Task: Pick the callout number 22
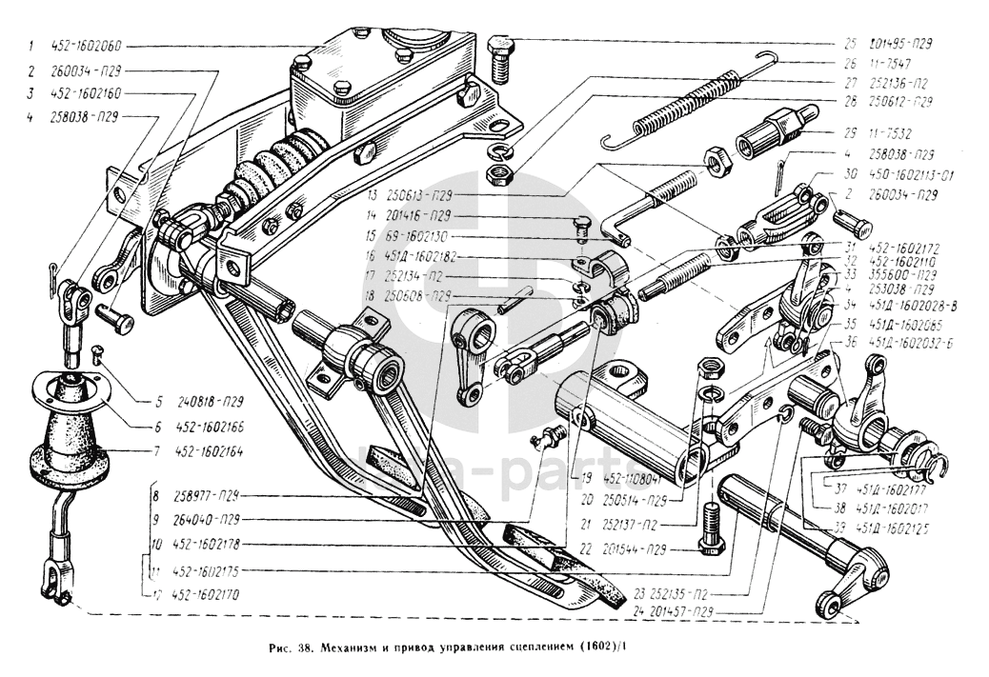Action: pyautogui.click(x=584, y=549)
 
